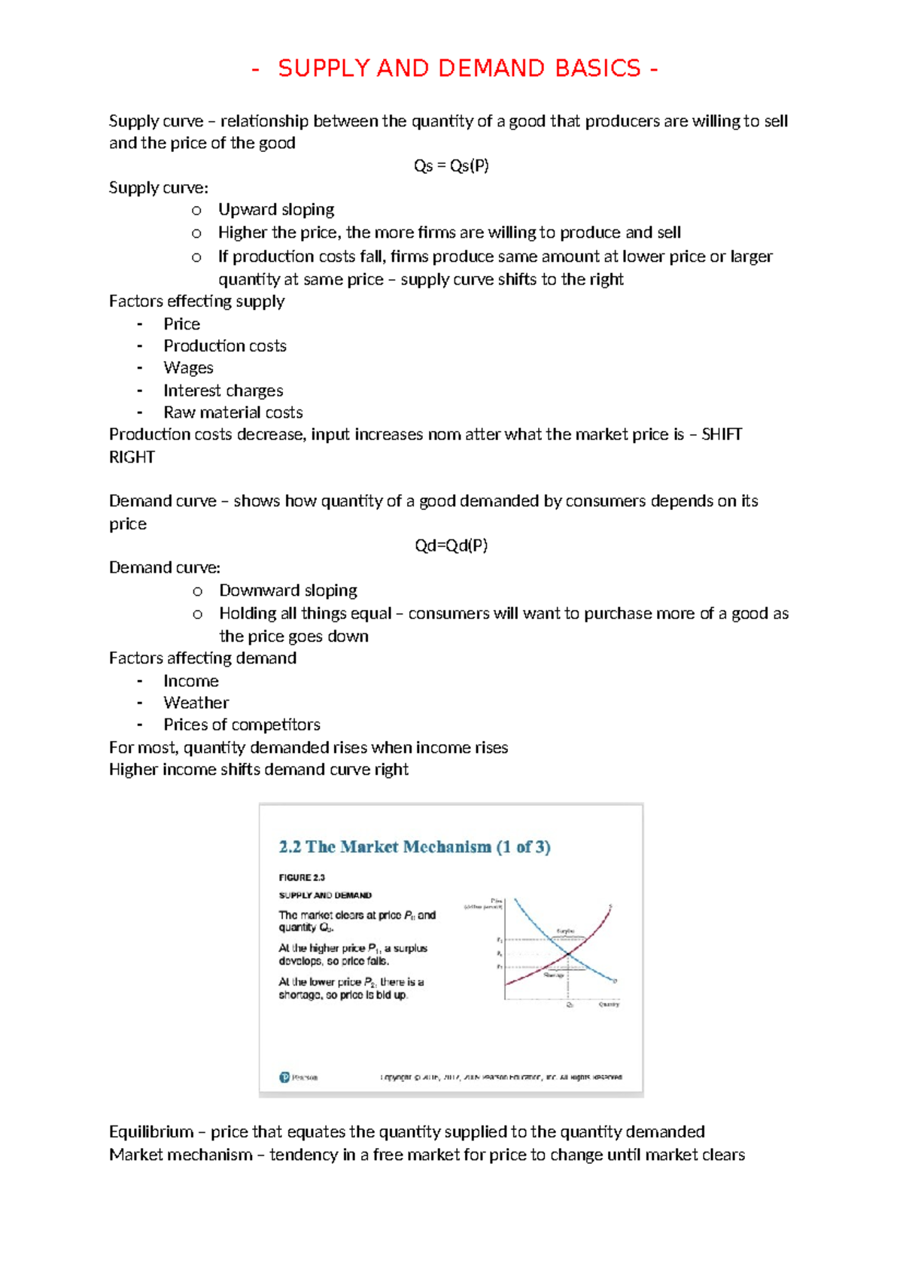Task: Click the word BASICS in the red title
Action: [x=597, y=68]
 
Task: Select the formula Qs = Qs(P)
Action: [x=451, y=166]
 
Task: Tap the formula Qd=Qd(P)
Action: [x=451, y=545]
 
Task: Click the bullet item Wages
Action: [x=188, y=368]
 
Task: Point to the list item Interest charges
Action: [x=223, y=390]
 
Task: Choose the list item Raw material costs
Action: [x=233, y=412]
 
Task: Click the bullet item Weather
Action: [x=196, y=703]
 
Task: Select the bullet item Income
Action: [x=191, y=681]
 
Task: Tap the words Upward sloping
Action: [x=276, y=210]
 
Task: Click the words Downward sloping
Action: [x=288, y=591]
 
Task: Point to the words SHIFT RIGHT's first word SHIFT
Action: [x=722, y=435]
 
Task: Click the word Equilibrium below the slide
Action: [x=150, y=1132]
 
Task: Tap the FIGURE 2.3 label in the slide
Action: [x=302, y=877]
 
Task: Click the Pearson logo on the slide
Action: [x=285, y=1077]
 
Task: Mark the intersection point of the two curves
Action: [x=568, y=954]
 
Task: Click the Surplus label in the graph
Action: [x=565, y=931]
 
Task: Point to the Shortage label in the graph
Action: [x=554, y=975]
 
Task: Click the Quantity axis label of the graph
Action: [x=609, y=1004]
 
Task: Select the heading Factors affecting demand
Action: [x=202, y=658]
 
